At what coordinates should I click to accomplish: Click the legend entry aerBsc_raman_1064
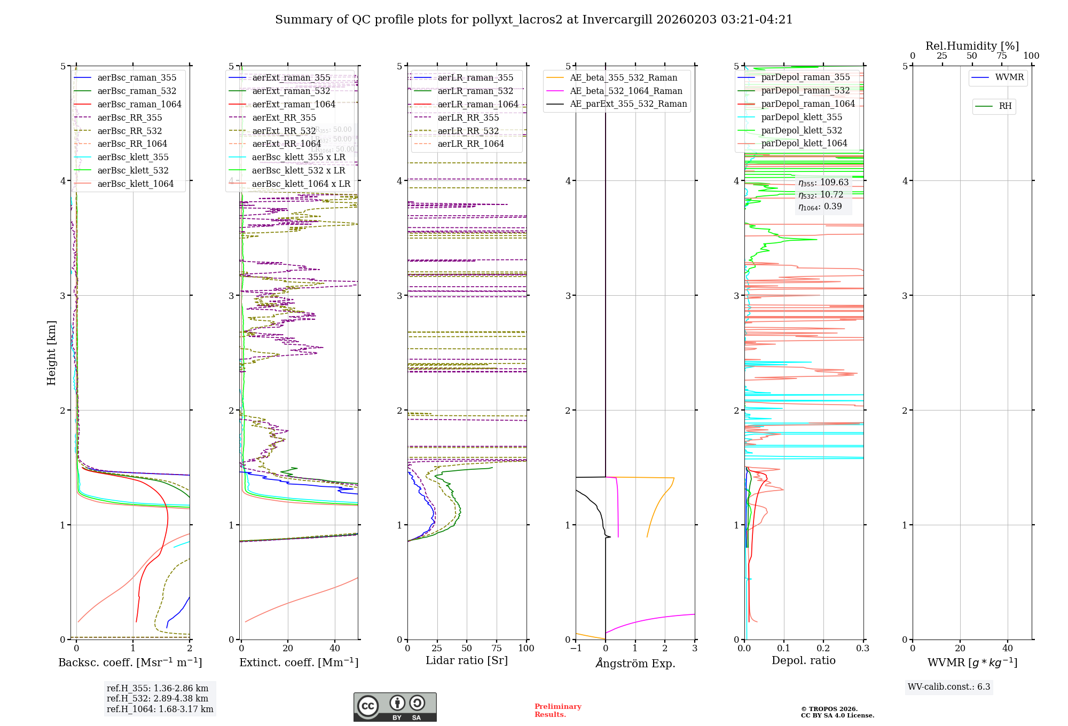[x=139, y=104]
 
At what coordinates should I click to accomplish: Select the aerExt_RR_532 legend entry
[x=284, y=131]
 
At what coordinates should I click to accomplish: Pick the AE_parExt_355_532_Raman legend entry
[x=628, y=104]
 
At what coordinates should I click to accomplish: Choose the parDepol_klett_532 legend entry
[x=802, y=130]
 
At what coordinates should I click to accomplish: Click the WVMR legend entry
[x=1009, y=77]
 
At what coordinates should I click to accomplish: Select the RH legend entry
[x=1005, y=106]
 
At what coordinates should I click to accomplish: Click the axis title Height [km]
[x=51, y=353]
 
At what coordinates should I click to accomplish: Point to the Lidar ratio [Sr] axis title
[x=467, y=660]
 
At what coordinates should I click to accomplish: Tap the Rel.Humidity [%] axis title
[x=972, y=46]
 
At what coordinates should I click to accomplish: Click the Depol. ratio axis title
[x=804, y=660]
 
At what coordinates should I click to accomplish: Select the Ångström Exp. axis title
[x=635, y=663]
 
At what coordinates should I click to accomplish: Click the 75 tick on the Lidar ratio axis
[x=497, y=648]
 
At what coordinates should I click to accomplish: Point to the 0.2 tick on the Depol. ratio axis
[x=823, y=648]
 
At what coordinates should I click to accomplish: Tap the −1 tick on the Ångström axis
[x=576, y=648]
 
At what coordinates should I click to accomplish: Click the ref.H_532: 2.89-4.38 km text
[x=158, y=698]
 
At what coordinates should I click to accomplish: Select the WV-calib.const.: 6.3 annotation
[x=949, y=686]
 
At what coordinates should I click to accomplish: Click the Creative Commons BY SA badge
[x=395, y=707]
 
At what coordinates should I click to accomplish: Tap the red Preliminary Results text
[x=558, y=711]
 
